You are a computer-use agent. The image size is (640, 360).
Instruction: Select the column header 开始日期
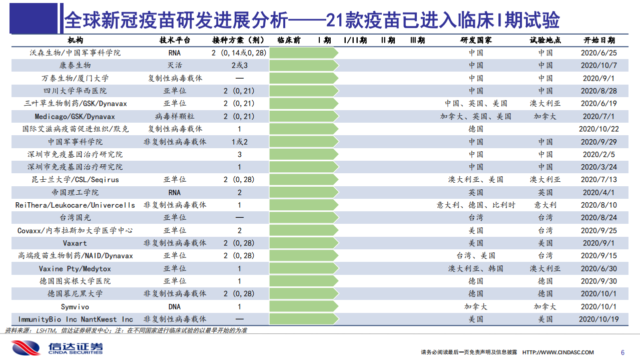599,40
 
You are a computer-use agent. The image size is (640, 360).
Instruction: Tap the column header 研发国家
476,40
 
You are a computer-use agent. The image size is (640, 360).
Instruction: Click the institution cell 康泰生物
75,65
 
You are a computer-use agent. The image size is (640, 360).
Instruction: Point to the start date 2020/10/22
599,129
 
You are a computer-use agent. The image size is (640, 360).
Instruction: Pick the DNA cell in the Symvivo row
175,306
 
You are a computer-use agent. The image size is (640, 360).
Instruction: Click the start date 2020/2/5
599,154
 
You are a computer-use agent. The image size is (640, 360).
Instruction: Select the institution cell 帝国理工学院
75,192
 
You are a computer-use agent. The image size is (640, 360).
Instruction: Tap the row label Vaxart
75,243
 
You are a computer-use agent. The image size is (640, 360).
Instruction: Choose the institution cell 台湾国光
75,217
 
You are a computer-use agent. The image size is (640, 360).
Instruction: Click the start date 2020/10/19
599,319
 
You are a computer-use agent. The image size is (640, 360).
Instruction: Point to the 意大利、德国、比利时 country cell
476,205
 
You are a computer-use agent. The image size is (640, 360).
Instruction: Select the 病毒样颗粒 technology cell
175,116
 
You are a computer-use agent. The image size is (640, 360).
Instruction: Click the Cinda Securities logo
57,347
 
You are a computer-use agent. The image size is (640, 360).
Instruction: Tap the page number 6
622,352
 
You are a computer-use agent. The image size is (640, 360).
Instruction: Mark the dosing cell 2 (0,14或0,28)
239,53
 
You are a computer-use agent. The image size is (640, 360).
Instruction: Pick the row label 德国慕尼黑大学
75,293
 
